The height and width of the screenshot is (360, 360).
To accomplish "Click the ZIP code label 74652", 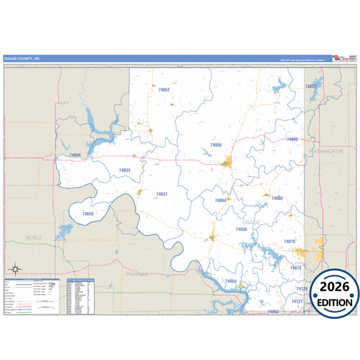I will (163, 90).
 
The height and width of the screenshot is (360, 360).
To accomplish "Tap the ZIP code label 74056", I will (215, 145).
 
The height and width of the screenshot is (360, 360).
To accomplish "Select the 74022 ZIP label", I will (311, 86).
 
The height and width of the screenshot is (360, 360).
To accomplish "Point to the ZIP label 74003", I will (292, 139).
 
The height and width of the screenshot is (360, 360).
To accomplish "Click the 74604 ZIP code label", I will (75, 156).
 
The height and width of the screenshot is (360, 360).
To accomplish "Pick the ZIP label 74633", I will (124, 170).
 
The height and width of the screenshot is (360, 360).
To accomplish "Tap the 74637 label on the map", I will (161, 194).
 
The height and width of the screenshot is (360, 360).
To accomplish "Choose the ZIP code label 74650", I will (88, 213).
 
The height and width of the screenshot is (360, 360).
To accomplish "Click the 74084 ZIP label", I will (220, 201).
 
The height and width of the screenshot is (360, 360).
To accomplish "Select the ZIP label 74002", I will (277, 199).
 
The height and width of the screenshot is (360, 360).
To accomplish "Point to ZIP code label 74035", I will (241, 230).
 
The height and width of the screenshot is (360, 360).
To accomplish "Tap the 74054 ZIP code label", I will (230, 281).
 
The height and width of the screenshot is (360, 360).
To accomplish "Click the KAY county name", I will (65, 103).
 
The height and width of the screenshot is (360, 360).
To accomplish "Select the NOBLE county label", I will (34, 238).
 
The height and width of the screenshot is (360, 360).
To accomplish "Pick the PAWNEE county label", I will (136, 274).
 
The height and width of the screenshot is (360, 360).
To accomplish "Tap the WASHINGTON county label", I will (326, 151).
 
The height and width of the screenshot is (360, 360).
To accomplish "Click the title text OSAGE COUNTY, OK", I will (23, 59).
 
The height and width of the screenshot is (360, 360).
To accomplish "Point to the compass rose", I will (15, 269).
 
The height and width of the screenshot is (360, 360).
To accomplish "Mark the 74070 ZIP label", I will (289, 241).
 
